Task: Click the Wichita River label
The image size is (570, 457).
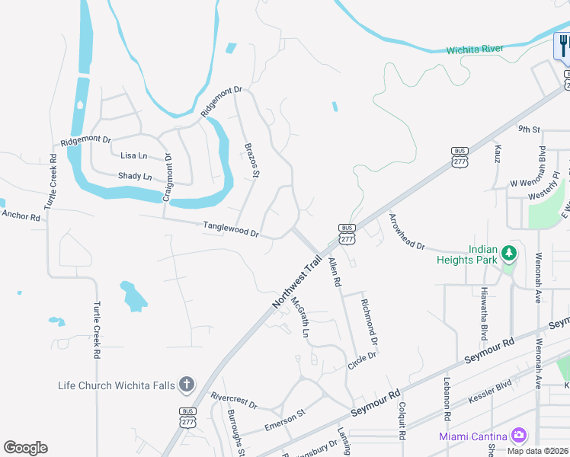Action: point(475,49)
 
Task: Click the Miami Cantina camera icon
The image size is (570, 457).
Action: point(519,436)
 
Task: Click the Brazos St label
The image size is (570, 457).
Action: point(251,160)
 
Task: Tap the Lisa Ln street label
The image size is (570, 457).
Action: point(134,155)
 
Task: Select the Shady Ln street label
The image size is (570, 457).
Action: point(135,176)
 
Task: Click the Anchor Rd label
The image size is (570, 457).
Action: point(21,216)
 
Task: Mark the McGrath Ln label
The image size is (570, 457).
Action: point(301,318)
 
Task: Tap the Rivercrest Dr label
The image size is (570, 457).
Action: point(234,400)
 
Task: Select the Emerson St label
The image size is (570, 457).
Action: point(284,417)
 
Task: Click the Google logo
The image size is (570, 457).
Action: point(25,448)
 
